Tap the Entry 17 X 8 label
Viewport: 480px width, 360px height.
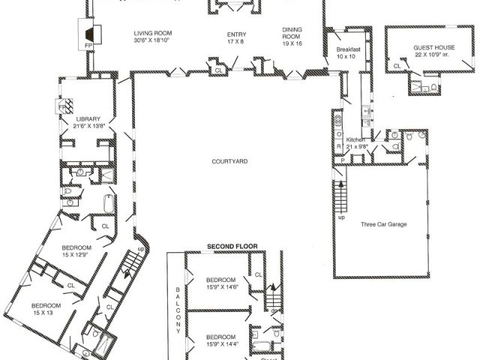tap(236, 39)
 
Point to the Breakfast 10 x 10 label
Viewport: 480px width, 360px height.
tap(349, 52)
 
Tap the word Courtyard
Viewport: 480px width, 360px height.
tap(229, 161)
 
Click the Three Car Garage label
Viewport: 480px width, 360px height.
tap(383, 224)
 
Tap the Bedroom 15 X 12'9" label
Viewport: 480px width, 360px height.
tap(76, 252)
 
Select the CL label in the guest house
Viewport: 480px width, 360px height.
tap(397, 66)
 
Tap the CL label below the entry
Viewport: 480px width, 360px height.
tap(219, 70)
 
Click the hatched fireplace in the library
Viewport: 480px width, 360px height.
tap(66, 107)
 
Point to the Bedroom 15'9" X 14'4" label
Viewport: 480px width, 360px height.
tap(222, 340)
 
